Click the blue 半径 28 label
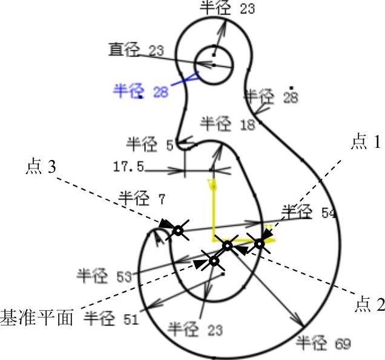[140, 91]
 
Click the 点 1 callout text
[366, 142]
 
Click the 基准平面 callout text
[36, 316]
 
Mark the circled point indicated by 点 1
[260, 243]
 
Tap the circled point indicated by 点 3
[177, 230]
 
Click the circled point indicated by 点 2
[227, 245]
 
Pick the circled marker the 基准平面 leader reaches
[214, 261]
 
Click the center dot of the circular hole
[213, 63]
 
